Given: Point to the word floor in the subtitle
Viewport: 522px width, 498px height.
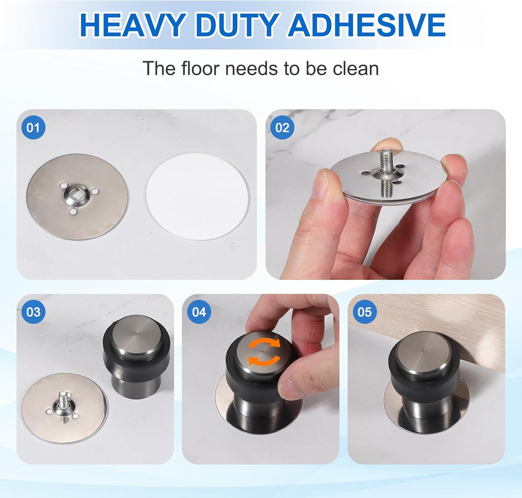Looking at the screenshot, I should pos(200,69).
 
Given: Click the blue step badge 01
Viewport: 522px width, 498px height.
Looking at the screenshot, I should pos(33,127).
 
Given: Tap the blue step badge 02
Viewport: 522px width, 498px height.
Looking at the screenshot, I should pos(282,127).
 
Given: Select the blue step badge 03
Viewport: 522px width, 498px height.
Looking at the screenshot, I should pos(33,312).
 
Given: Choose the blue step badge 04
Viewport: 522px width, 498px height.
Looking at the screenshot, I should pos(199,312).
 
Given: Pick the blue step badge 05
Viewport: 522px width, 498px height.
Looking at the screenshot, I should pos(364,312).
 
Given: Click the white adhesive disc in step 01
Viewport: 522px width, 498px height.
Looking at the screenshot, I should pos(198,196).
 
